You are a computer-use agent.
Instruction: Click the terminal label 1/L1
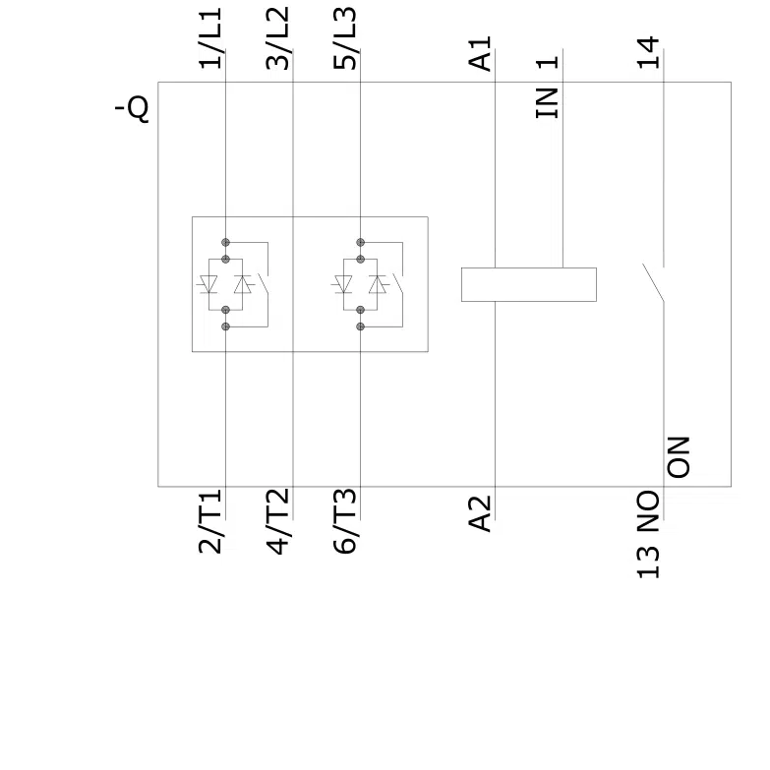coord(210,37)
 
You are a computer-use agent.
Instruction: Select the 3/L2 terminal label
coord(278,37)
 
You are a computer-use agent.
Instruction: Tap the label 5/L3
coord(345,37)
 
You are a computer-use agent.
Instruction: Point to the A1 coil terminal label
coord(480,53)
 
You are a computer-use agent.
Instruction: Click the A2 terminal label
coord(480,513)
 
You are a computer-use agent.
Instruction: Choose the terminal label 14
coord(648,52)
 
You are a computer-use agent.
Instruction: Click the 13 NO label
coord(648,534)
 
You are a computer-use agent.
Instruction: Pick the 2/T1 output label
coord(210,521)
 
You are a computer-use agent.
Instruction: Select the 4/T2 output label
coord(278,521)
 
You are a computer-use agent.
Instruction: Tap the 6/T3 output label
coord(345,521)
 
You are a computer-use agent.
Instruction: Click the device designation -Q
coord(132,108)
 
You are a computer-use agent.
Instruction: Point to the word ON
coord(679,457)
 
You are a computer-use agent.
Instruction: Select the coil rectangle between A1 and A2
coord(529,284)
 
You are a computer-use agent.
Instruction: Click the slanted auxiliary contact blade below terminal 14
coord(653,282)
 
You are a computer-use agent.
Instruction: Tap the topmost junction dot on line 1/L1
coord(225,242)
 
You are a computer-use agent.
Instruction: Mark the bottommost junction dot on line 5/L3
coord(361,326)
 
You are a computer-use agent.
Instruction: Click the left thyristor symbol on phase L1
coord(208,284)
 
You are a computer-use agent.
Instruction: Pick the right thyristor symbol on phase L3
coord(378,284)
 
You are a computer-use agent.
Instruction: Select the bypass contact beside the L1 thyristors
coord(264,285)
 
